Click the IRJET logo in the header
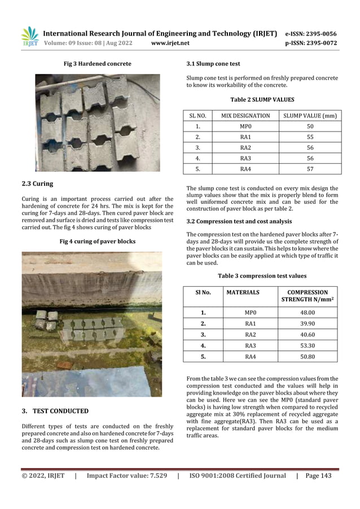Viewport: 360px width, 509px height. tap(29, 37)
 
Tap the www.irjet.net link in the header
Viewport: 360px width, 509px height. tap(170, 43)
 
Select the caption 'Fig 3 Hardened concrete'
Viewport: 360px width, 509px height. tap(97, 64)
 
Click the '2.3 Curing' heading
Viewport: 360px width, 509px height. tap(37, 183)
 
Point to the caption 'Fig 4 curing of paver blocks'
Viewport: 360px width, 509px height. tap(97, 242)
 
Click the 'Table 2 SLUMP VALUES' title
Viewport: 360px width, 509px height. tap(262, 99)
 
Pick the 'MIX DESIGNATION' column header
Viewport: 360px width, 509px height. tap(245, 116)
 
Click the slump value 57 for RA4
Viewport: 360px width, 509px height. tap(310, 169)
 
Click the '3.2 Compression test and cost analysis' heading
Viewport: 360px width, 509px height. tap(239, 221)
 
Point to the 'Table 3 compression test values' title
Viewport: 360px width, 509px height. tap(262, 276)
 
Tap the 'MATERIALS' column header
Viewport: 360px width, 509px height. tap(243, 292)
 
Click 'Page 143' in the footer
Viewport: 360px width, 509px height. tap(318, 476)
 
